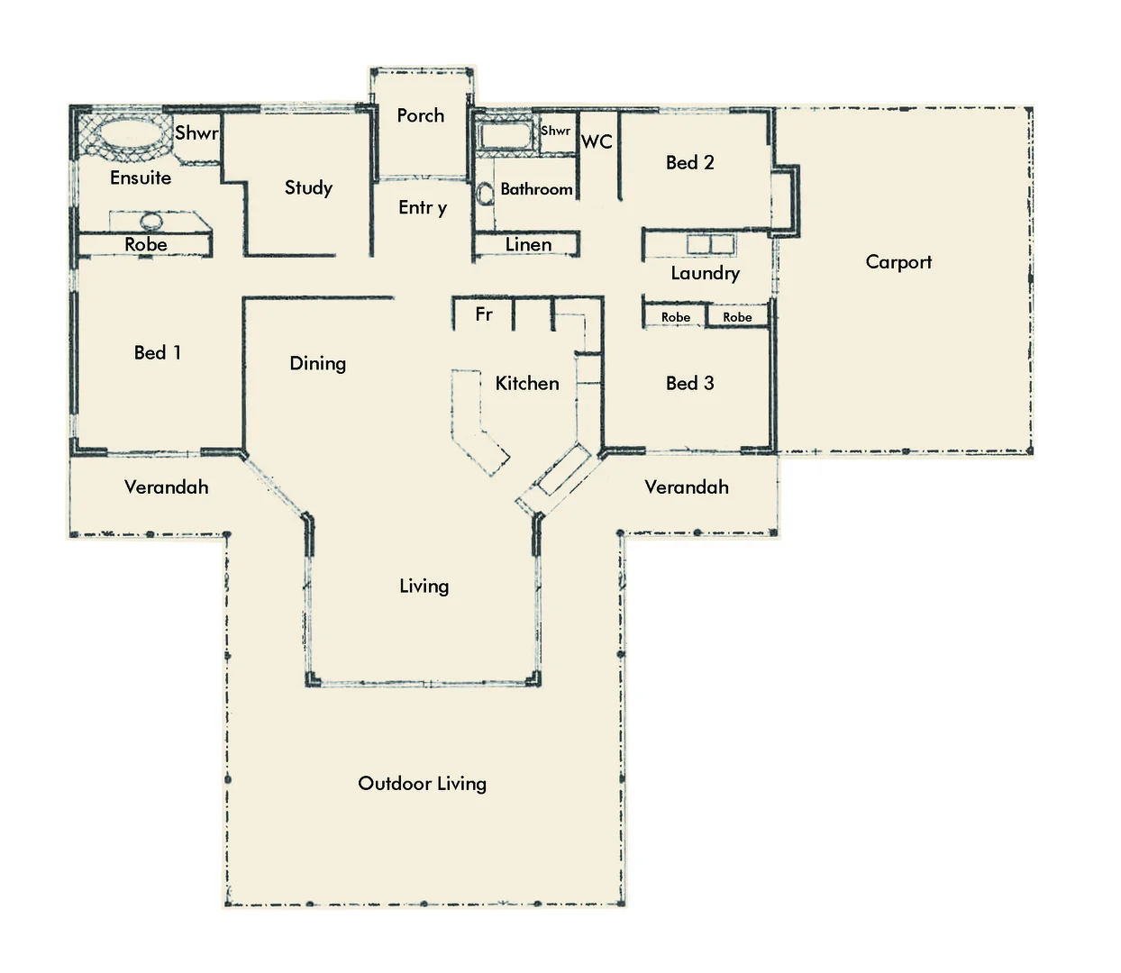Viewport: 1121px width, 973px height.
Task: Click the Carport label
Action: pos(898,262)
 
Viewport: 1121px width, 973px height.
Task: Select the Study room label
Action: pos(308,187)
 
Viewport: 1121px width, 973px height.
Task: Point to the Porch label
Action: pos(420,115)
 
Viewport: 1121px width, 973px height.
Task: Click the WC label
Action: pos(597,141)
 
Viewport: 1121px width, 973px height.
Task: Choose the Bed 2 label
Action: pos(689,162)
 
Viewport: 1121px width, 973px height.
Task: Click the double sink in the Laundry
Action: pos(711,245)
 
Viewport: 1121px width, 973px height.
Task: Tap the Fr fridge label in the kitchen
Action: pos(484,314)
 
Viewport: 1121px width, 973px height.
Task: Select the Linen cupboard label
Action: pos(528,244)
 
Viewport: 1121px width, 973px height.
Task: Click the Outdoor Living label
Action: pos(422,783)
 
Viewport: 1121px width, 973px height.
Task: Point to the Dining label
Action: pos(317,363)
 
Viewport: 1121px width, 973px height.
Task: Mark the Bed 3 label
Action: pos(689,383)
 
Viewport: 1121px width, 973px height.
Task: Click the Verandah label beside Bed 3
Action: pos(687,487)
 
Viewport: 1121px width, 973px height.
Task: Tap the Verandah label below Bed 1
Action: pos(166,487)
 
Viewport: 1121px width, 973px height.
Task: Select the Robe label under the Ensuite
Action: pos(146,244)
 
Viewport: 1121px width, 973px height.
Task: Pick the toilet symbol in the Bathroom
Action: pos(485,193)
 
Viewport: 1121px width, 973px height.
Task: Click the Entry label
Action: pos(423,208)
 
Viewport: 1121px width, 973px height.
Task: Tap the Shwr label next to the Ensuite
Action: pos(196,133)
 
